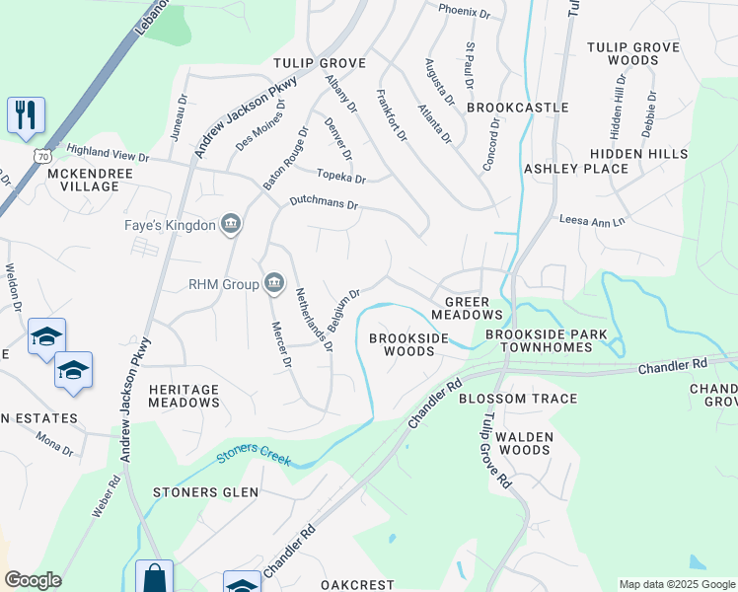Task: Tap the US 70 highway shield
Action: coord(41,157)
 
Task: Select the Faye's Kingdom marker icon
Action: coord(231,225)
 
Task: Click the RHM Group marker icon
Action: coord(273,284)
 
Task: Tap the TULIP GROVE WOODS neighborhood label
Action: coord(634,53)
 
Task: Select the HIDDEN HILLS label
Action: coord(639,154)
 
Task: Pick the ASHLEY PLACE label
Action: coord(576,169)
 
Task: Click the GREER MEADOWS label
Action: coord(474,308)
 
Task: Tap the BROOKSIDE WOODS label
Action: coord(408,344)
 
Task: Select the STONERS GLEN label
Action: coord(205,492)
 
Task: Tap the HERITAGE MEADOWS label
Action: coord(184,396)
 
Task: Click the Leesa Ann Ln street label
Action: coord(592,221)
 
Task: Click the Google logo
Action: coord(33,580)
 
